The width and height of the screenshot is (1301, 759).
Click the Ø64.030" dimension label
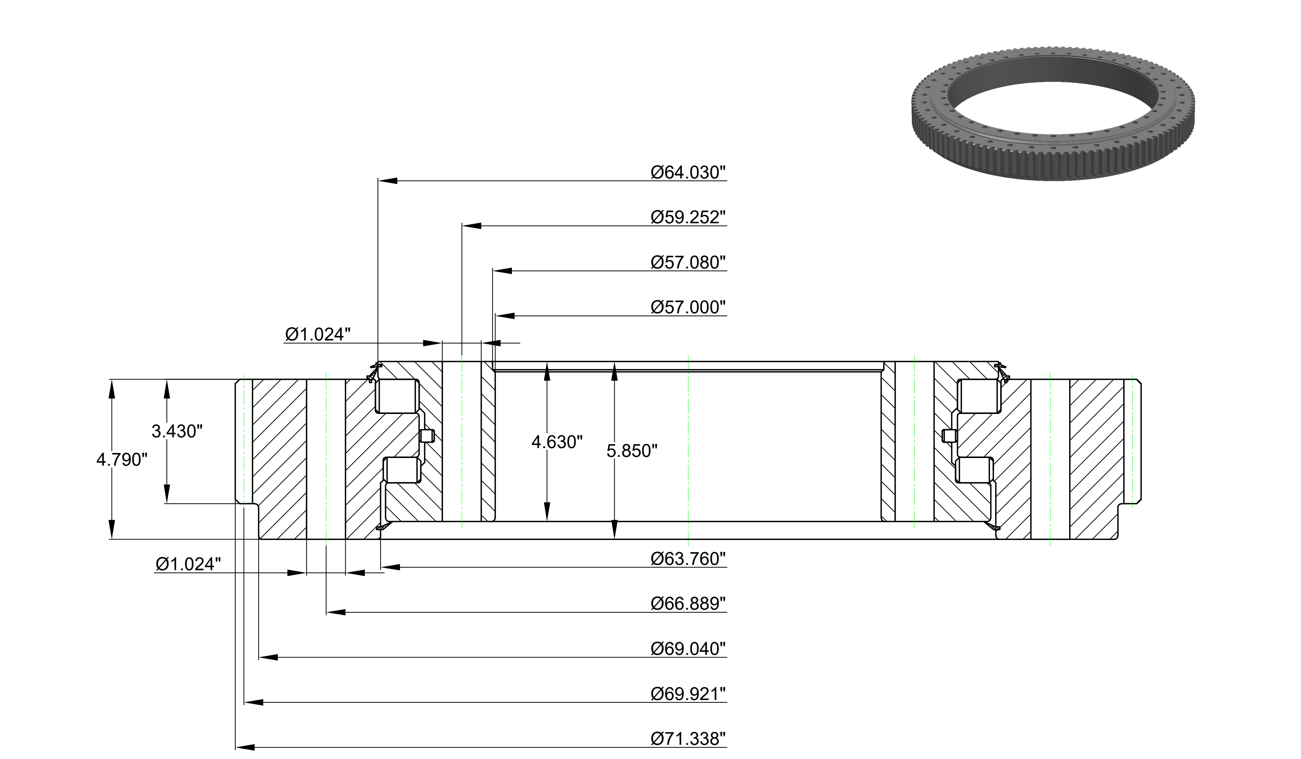point(688,172)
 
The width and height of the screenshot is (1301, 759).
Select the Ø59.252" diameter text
point(688,217)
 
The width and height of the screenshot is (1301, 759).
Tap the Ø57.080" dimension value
point(688,262)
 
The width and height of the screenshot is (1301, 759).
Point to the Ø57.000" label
point(688,307)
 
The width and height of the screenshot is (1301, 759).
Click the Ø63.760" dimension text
point(688,558)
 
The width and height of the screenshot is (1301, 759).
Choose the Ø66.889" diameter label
point(688,603)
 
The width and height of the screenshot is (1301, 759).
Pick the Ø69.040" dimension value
point(688,649)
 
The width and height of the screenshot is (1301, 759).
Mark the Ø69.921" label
point(688,694)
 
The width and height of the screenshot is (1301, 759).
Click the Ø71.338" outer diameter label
point(688,738)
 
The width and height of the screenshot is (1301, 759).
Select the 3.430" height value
point(177,431)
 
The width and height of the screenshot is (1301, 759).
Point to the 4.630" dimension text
point(557,442)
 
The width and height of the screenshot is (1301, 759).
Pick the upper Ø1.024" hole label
point(318,334)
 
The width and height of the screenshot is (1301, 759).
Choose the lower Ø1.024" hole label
point(188,564)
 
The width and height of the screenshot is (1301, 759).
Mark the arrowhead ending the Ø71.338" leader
point(245,747)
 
